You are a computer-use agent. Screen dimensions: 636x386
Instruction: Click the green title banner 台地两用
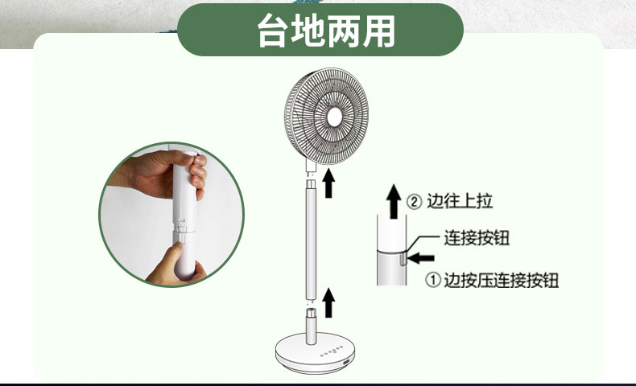[x=320, y=30]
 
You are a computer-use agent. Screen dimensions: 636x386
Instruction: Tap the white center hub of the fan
[x=334, y=117]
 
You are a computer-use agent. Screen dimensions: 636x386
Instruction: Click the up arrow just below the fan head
[x=328, y=183]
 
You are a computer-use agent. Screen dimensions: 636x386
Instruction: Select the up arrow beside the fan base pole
[x=328, y=302]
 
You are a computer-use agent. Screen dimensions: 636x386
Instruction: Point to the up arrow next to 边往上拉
[x=394, y=201]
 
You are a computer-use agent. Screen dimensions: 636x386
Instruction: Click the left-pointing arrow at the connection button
[x=421, y=258]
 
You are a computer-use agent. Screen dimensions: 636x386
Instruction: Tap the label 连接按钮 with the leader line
[x=477, y=238]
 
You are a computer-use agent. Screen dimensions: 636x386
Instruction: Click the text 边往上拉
[x=460, y=201]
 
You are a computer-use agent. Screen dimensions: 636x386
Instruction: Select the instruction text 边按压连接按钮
[x=502, y=280]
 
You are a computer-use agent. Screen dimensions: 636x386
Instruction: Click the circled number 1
[x=433, y=280]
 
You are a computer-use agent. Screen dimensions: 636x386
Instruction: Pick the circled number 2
[x=414, y=201]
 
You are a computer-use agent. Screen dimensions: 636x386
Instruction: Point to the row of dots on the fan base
[x=332, y=351]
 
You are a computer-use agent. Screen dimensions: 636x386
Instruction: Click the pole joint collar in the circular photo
[x=184, y=228]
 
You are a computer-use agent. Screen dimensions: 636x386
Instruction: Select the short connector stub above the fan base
[x=312, y=326]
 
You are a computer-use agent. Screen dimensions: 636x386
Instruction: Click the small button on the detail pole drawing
[x=403, y=258]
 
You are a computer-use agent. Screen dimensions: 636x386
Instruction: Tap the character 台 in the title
[x=273, y=31]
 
